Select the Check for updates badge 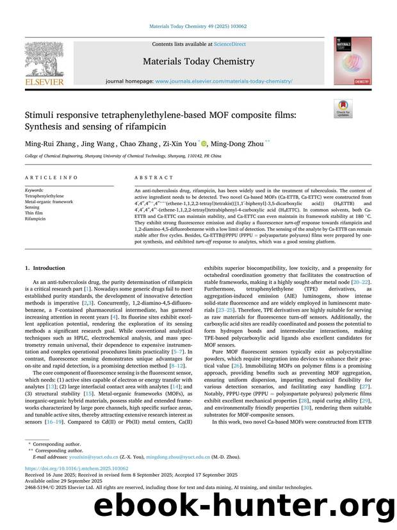coord(343,108)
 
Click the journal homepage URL coord(224,82)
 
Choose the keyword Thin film coord(36,213)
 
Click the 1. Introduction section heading coord(48,268)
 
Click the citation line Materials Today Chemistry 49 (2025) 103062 coord(198,26)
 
